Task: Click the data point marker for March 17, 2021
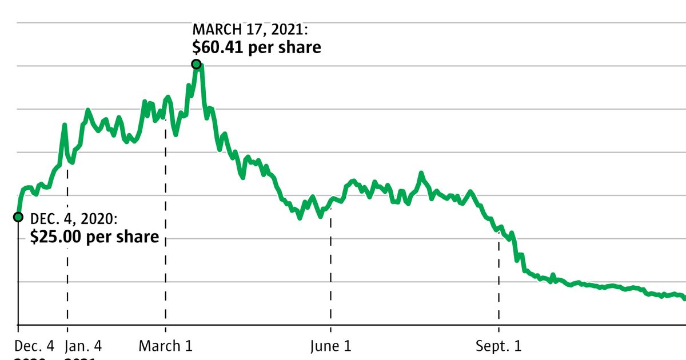coord(196,65)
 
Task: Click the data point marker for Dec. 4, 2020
coord(18,217)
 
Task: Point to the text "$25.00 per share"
coord(94,237)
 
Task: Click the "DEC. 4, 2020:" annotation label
coord(74,219)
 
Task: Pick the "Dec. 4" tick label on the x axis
coord(34,346)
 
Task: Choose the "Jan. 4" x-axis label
coord(83,346)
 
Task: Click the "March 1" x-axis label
coord(166,346)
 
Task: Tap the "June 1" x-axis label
coord(330,346)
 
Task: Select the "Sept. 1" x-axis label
coord(499,346)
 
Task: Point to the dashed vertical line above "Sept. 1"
coord(499,280)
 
